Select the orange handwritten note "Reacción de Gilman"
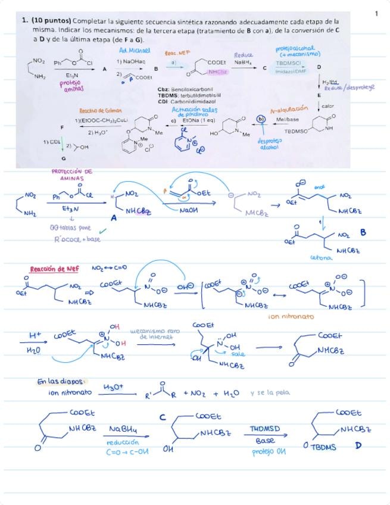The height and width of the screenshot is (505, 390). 100,111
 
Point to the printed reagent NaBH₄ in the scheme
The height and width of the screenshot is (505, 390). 242,62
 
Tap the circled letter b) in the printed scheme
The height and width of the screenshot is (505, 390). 261,119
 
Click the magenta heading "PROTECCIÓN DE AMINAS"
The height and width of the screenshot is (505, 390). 72,174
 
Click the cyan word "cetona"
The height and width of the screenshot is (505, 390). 322,258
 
